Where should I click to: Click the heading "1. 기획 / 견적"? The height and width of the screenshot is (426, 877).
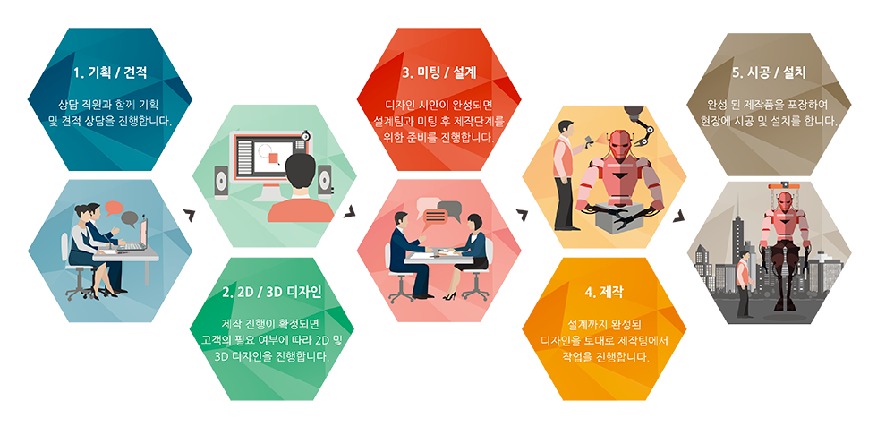(109, 72)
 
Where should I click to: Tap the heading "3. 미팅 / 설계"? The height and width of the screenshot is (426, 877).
(439, 72)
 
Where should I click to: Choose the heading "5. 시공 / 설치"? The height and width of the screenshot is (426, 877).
(769, 72)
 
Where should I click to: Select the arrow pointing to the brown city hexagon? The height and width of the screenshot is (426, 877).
(680, 215)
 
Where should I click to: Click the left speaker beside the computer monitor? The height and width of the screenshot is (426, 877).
(222, 183)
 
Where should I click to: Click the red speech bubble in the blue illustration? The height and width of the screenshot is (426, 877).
(114, 208)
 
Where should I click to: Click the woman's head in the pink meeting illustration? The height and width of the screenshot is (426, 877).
(475, 223)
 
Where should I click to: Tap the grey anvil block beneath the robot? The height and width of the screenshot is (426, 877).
(618, 223)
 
